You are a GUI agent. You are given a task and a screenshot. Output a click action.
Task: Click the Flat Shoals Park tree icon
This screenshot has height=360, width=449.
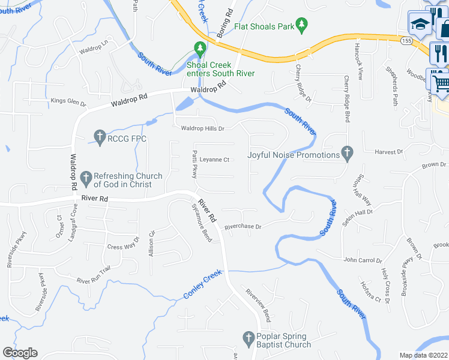303,26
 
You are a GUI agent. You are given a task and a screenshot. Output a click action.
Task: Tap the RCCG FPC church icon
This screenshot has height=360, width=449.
100,138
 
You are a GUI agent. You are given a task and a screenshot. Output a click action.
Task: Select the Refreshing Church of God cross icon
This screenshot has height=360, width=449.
85,178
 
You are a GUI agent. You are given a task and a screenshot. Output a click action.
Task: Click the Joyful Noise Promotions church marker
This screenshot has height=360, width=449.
346,154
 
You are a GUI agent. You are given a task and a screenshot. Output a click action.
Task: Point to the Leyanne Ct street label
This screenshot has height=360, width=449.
215,160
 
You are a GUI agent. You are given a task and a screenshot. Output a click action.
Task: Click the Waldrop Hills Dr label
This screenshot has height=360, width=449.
203,128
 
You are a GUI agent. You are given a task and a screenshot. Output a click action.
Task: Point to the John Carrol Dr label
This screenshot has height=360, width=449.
363,260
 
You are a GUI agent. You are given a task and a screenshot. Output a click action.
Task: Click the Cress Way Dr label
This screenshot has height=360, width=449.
122,247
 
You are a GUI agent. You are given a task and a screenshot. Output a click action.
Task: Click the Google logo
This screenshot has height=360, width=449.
20,353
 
